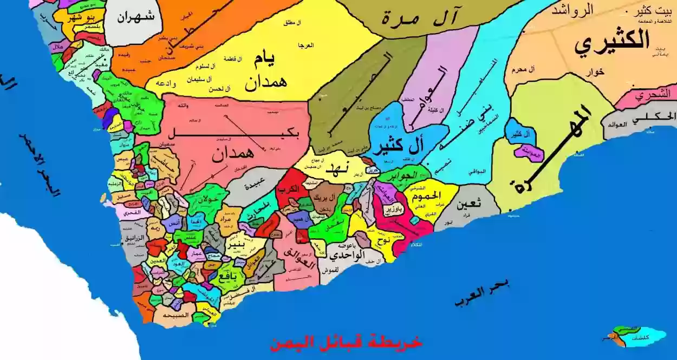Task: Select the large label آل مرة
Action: [x=428, y=17]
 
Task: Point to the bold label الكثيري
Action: [x=612, y=41]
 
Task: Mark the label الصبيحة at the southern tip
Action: [x=179, y=315]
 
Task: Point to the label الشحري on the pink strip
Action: [x=649, y=96]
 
